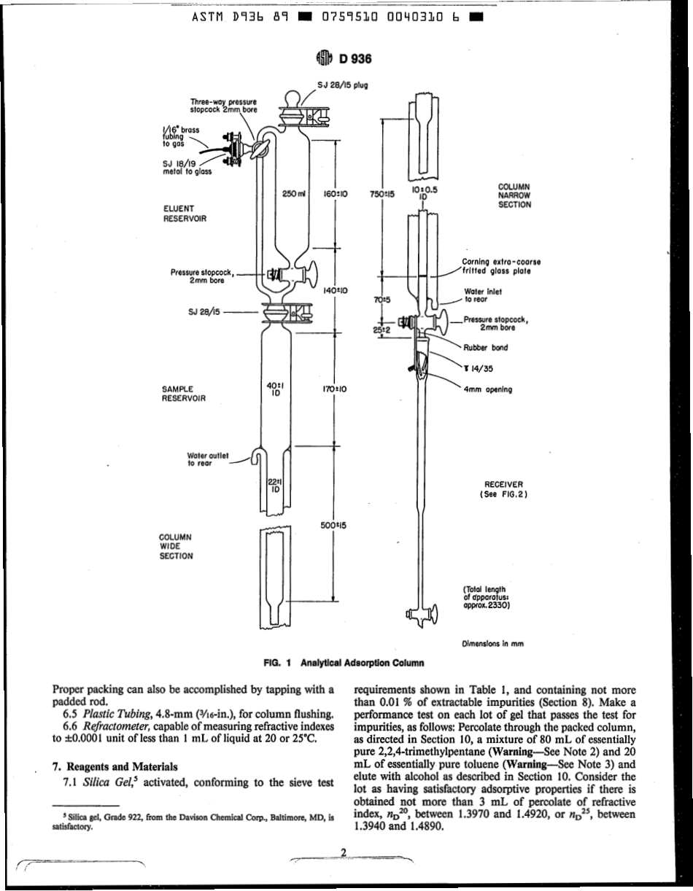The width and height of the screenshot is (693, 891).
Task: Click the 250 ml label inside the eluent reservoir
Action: pyautogui.click(x=293, y=195)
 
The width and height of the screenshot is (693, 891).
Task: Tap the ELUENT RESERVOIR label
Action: pyautogui.click(x=182, y=213)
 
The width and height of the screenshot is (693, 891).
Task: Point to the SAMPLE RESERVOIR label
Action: pyautogui.click(x=182, y=394)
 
